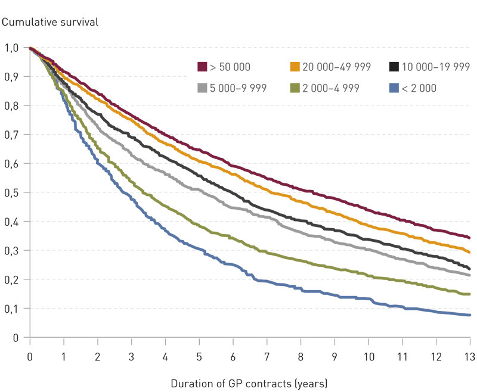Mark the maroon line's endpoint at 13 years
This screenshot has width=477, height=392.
coord(470,238)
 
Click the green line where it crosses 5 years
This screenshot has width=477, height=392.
coord(199,226)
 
